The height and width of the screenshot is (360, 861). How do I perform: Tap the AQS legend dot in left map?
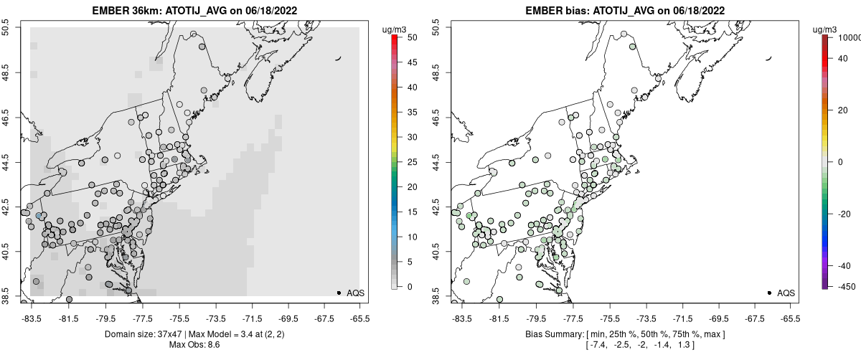(339, 293)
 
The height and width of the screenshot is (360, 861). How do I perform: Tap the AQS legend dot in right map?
(769, 293)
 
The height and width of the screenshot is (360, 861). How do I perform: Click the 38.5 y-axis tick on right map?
(437, 295)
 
